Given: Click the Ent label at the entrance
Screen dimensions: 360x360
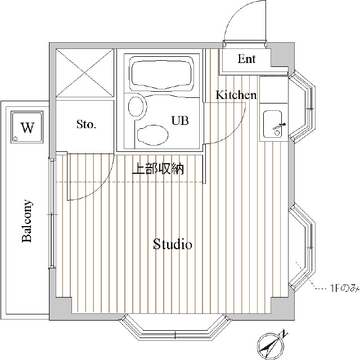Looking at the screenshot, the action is (x=246, y=58).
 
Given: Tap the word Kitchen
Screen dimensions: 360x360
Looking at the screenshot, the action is (x=236, y=95).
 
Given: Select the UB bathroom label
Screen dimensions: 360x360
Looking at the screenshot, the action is (x=180, y=120).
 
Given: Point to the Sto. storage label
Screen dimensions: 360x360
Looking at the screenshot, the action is (x=86, y=124).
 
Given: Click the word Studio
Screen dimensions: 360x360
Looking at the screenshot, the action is (x=173, y=244).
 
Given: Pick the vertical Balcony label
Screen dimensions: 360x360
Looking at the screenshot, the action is (x=27, y=221).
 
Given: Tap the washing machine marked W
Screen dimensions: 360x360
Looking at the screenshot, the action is (x=27, y=127).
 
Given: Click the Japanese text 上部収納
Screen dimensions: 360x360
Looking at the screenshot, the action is (x=158, y=169).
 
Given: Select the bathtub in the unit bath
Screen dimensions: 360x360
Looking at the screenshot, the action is (x=161, y=73).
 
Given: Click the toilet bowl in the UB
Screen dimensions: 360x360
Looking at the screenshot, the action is (x=152, y=135).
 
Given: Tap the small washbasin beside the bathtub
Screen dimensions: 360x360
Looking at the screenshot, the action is (x=137, y=107).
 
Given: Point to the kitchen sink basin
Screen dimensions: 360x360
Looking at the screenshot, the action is (x=272, y=124).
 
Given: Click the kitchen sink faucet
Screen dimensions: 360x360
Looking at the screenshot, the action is (x=279, y=126).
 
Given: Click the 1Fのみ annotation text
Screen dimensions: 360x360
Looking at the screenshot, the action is (x=345, y=288).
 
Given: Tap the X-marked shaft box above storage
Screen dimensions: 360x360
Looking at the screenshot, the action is (x=85, y=73).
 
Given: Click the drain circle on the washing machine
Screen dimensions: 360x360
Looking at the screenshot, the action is (x=16, y=138).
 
